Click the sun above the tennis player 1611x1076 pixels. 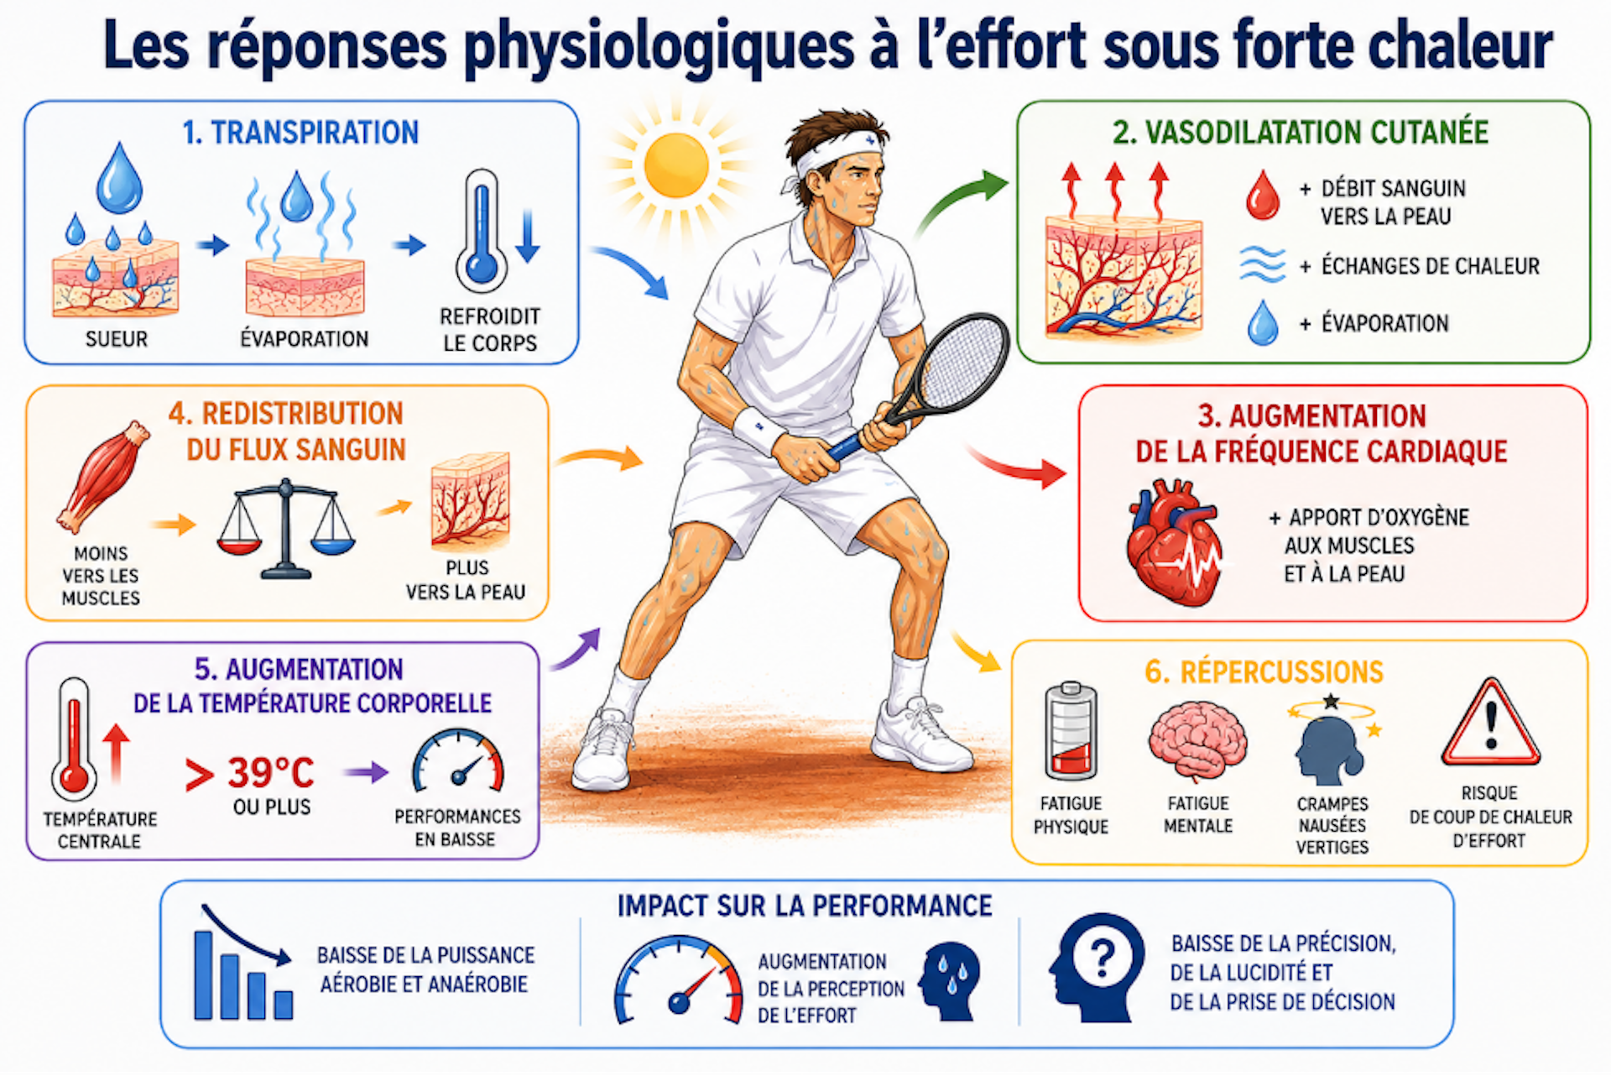(x=676, y=165)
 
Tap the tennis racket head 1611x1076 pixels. (x=964, y=361)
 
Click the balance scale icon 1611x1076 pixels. (x=286, y=530)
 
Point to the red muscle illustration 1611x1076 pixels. (x=102, y=476)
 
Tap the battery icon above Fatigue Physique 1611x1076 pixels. (x=1071, y=731)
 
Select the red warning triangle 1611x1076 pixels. (x=1490, y=723)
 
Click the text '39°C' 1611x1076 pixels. (x=270, y=772)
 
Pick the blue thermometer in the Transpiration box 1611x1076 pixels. (x=481, y=231)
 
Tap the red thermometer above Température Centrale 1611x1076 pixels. (x=74, y=739)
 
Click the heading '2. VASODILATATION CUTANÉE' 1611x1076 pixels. (x=1300, y=133)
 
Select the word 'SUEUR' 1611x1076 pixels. (x=117, y=339)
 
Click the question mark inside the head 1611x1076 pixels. (x=1102, y=956)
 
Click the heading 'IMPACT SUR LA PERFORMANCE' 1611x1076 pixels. (x=805, y=906)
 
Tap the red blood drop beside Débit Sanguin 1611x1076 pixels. (x=1262, y=196)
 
